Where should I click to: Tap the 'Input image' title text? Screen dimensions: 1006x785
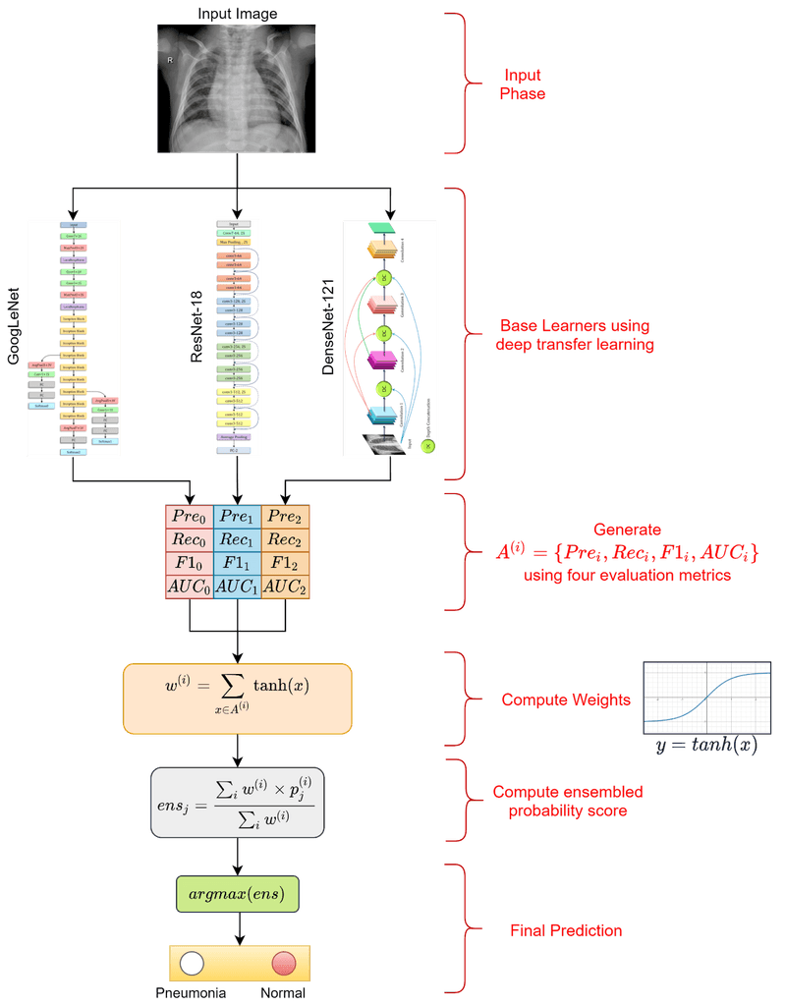tap(237, 13)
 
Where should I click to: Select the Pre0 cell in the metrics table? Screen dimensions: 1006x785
tap(189, 517)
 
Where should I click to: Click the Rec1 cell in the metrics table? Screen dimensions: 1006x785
tap(237, 540)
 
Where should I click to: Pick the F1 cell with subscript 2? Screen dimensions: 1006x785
tap(285, 564)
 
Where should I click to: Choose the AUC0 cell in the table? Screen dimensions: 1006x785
tap(189, 587)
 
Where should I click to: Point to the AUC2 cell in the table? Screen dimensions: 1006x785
tap(285, 587)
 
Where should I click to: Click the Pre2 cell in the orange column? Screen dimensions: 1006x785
tap(285, 517)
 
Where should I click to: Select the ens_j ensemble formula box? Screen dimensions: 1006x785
tap(237, 802)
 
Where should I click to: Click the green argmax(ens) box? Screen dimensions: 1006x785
tap(237, 893)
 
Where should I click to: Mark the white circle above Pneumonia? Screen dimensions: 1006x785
tap(192, 963)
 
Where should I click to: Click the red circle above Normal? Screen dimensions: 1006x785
tap(284, 963)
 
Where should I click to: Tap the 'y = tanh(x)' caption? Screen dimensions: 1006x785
tap(706, 746)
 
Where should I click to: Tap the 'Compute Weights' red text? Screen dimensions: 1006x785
tap(551, 700)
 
